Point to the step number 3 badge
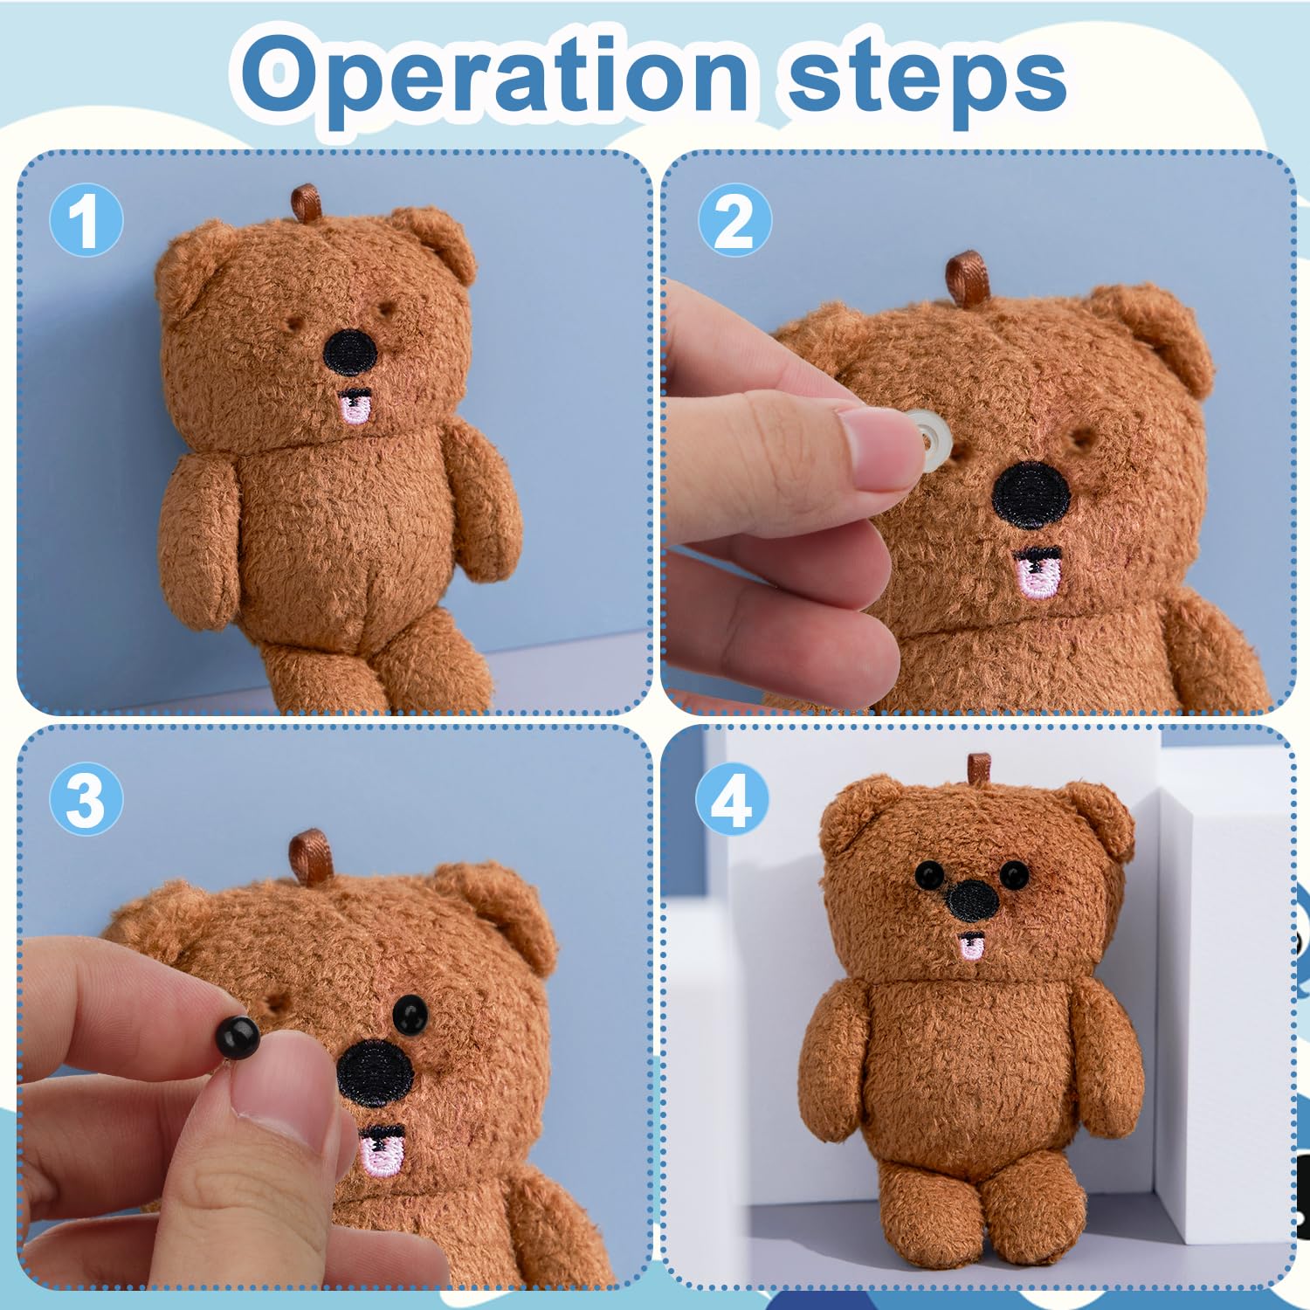[86, 799]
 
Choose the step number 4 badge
[732, 799]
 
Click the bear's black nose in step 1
[350, 352]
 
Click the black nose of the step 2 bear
[1031, 496]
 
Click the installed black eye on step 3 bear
[410, 1014]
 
